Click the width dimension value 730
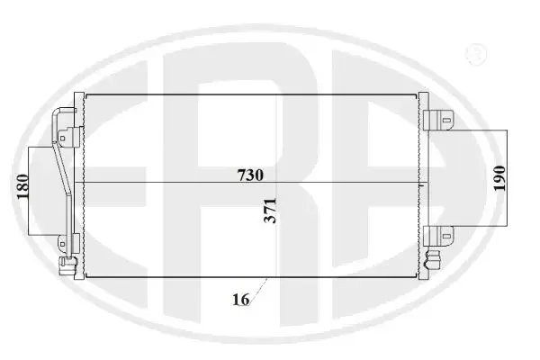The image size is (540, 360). [x=250, y=175]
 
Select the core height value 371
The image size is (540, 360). [x=270, y=211]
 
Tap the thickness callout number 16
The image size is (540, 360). [x=240, y=300]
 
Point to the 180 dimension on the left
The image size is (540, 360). [x=22, y=186]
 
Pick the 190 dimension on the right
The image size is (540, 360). [x=499, y=178]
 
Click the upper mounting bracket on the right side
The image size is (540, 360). [x=438, y=120]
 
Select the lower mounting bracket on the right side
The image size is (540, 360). [x=438, y=236]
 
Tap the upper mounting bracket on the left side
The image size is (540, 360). [x=69, y=137]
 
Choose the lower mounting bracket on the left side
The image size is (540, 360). [x=68, y=244]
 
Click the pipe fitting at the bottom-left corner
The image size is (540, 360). [x=67, y=266]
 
